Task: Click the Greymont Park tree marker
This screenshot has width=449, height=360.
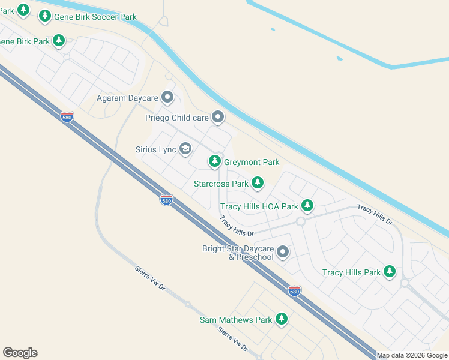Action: point(215,161)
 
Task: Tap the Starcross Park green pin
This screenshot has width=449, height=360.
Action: point(258,182)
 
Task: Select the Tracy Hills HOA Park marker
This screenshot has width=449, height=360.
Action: point(307,206)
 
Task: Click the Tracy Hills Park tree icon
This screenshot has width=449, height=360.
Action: point(390,272)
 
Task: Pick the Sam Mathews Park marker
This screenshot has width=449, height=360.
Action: point(282,319)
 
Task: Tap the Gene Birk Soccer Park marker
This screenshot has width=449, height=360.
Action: point(45,16)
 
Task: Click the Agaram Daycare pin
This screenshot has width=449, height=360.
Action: point(167,97)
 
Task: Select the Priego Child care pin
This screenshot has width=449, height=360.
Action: point(218,117)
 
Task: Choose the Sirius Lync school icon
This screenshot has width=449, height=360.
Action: point(185,148)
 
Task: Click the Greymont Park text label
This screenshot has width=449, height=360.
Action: point(252,162)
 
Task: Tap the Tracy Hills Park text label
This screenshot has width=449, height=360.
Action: point(352,272)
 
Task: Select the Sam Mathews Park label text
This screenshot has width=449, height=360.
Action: point(236,320)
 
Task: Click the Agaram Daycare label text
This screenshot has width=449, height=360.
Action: point(127,98)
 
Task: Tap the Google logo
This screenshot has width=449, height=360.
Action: point(20,353)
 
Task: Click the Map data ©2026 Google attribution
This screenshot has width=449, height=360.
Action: point(412,355)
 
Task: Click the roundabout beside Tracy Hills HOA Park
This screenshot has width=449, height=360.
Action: point(301,221)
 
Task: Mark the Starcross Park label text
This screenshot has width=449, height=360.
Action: point(221,184)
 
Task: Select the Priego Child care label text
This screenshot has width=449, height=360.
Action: point(177,118)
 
